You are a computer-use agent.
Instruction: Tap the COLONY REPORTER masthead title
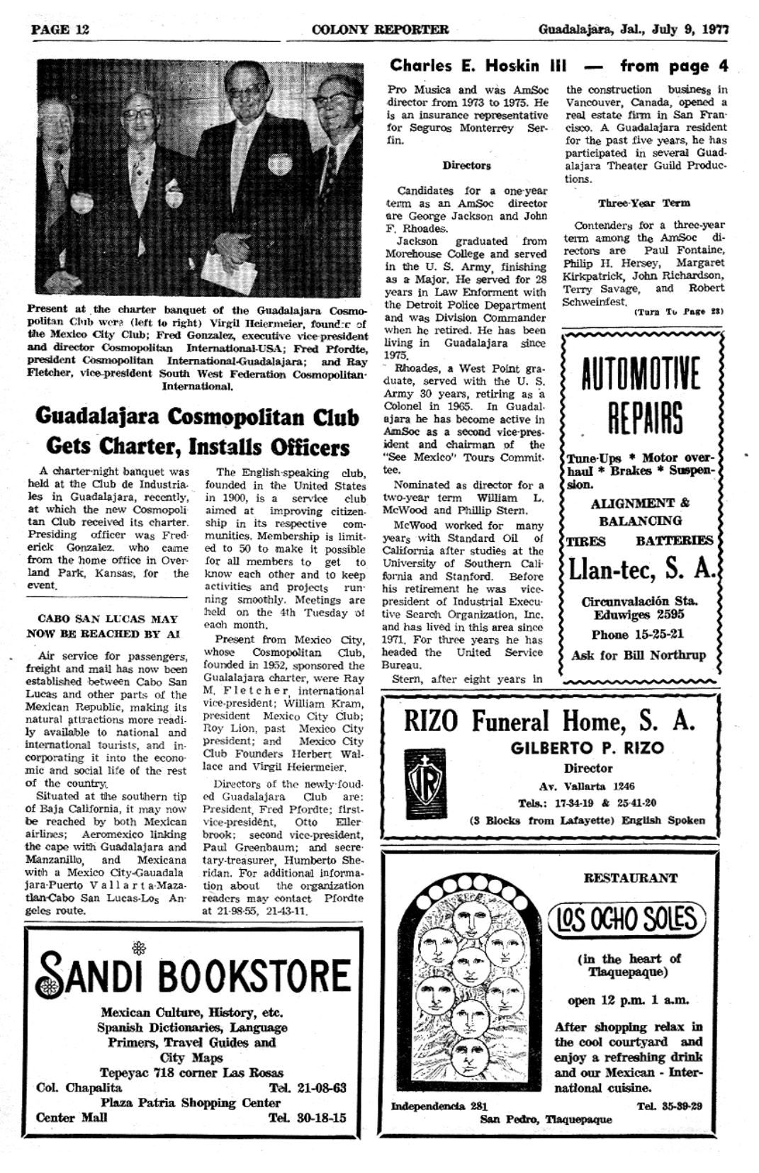[x=379, y=29]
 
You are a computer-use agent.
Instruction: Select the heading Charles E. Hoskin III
[x=478, y=67]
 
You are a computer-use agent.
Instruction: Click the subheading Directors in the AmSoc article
[x=466, y=165]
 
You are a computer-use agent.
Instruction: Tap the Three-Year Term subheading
[x=643, y=203]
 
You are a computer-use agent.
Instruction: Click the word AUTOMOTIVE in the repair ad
[x=641, y=375]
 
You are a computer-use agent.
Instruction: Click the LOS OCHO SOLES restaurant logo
[x=628, y=919]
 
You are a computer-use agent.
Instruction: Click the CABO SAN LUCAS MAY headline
[x=102, y=618]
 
